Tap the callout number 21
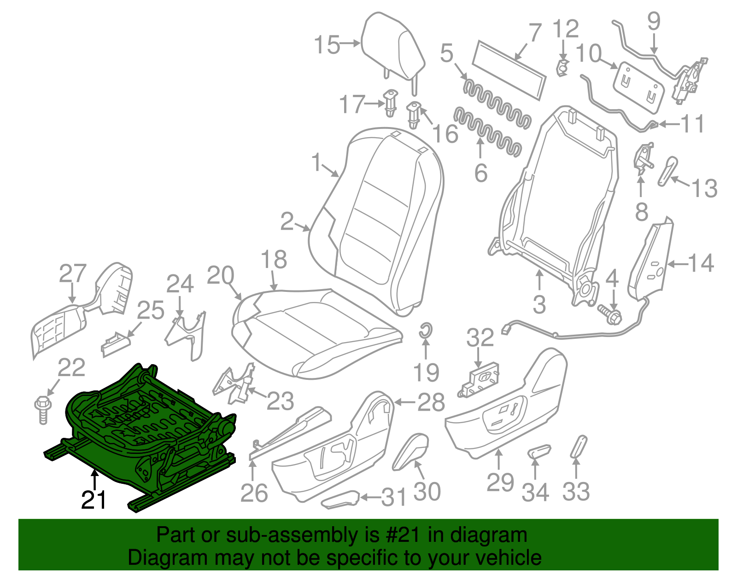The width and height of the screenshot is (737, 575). point(94,500)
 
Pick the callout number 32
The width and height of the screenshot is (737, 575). point(480,338)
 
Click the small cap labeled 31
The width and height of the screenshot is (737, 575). point(341,499)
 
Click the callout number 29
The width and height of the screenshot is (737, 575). point(500,482)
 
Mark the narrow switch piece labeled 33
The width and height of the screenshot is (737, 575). point(579,447)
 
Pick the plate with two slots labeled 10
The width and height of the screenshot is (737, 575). point(638,87)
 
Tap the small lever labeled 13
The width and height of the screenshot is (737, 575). point(668,170)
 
